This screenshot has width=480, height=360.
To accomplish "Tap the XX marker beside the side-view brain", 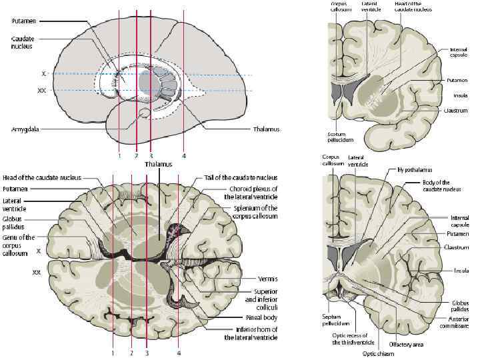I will (41, 89).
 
